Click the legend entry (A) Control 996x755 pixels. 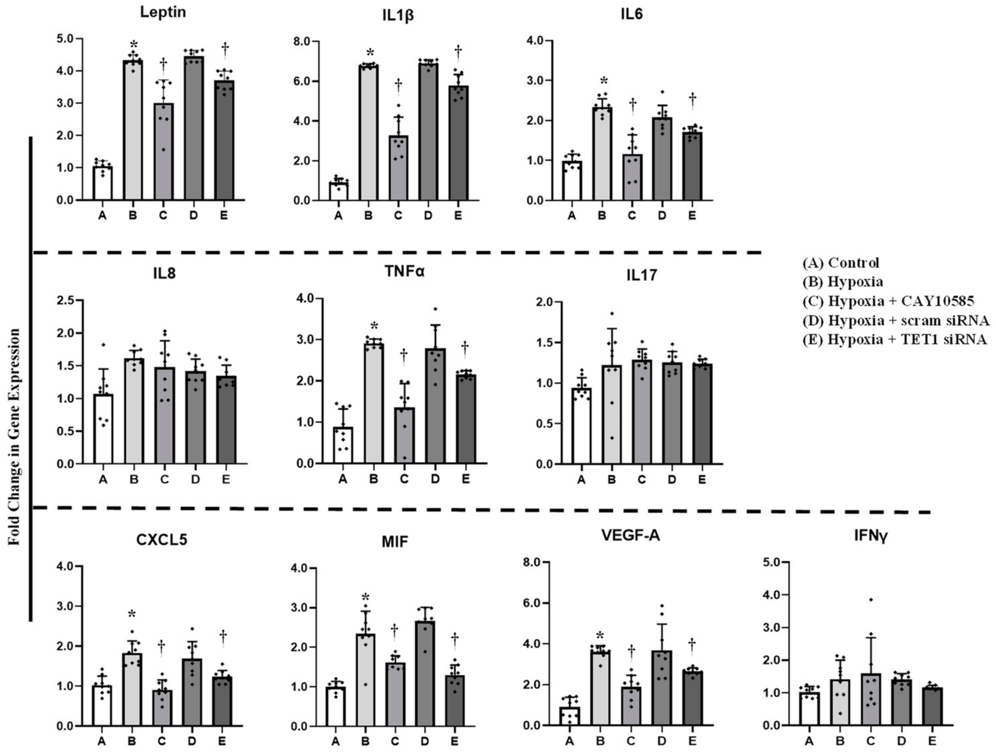tap(841, 262)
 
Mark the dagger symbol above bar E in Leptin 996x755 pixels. tap(225, 47)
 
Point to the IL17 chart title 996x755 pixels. tap(641, 276)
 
